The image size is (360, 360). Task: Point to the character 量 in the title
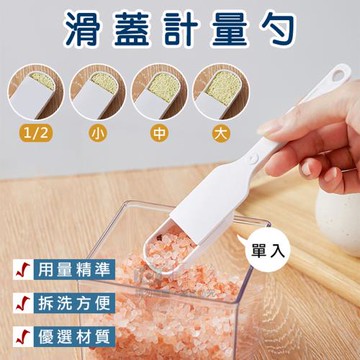230,30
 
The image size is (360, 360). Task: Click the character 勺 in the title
278,30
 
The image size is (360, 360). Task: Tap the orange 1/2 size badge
36,134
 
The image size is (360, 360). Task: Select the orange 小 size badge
98,134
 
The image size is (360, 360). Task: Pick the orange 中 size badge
159,134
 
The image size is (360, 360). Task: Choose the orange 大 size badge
221,134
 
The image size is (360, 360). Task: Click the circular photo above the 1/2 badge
36,92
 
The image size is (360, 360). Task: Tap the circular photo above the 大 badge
221,92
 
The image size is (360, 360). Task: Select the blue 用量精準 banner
74,269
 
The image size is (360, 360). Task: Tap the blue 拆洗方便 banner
74,303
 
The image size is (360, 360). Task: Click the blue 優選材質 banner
74,337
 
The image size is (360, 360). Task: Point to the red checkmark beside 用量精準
23,269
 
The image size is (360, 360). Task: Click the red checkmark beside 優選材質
23,337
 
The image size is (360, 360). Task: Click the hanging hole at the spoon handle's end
338,76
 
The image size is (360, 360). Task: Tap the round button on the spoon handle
252,159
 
